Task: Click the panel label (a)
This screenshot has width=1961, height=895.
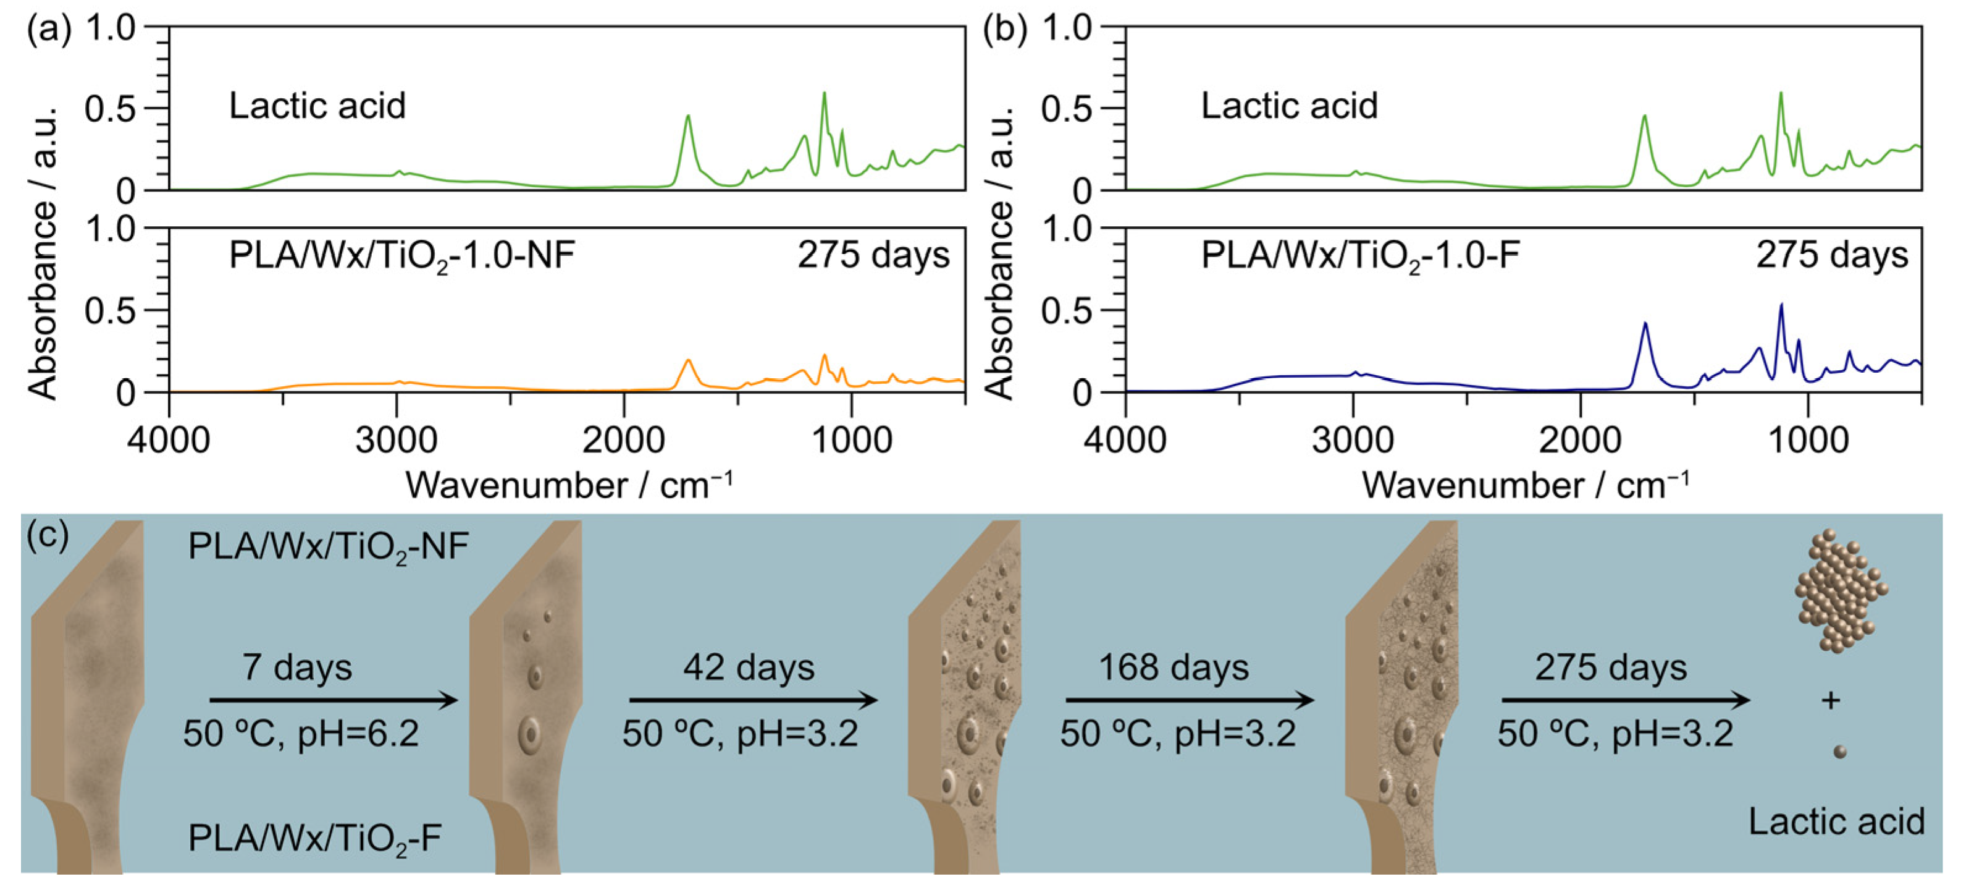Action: click(x=49, y=30)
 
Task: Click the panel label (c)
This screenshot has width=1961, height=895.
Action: click(x=47, y=537)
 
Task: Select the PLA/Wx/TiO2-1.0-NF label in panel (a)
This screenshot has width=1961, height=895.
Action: click(x=401, y=256)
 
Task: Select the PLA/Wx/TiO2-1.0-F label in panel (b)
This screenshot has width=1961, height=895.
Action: click(x=1359, y=256)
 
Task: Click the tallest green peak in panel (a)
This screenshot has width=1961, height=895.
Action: click(x=825, y=95)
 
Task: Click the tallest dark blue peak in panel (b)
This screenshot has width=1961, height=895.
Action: click(x=1781, y=306)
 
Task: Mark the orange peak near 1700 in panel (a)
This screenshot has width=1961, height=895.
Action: click(x=688, y=361)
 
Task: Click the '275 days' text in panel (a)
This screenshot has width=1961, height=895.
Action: click(x=873, y=255)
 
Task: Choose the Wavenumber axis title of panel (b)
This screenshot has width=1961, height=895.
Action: click(x=1526, y=485)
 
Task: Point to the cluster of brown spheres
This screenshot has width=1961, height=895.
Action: click(x=1840, y=590)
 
